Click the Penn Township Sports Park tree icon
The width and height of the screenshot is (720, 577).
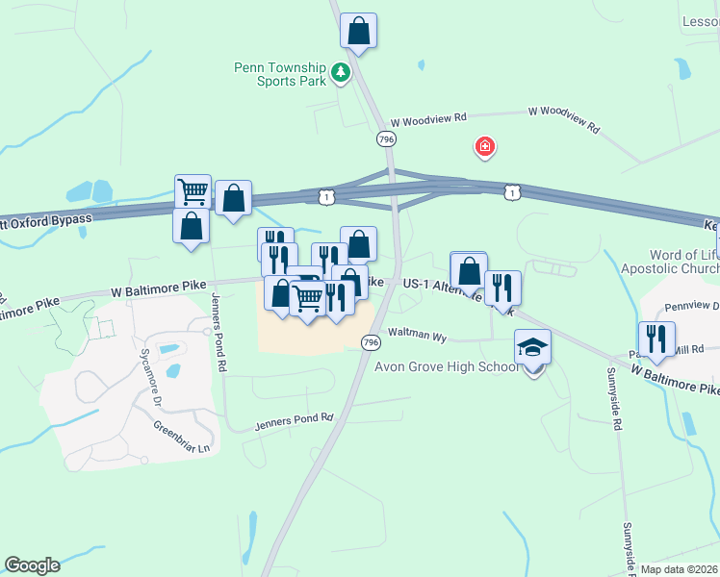point(340,72)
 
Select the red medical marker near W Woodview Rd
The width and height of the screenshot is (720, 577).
point(485,147)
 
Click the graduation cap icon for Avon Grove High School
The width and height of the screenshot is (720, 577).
point(532,347)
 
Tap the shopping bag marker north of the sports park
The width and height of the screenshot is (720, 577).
point(358,30)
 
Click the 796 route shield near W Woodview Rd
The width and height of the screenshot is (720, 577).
point(386,139)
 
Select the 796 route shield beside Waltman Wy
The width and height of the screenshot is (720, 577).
point(371,343)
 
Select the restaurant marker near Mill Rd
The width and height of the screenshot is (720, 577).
point(656,339)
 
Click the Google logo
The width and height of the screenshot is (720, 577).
point(33,565)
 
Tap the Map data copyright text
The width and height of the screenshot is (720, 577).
point(679,569)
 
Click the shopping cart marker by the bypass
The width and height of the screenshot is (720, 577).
point(193,191)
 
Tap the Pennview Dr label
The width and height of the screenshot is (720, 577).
point(691,307)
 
